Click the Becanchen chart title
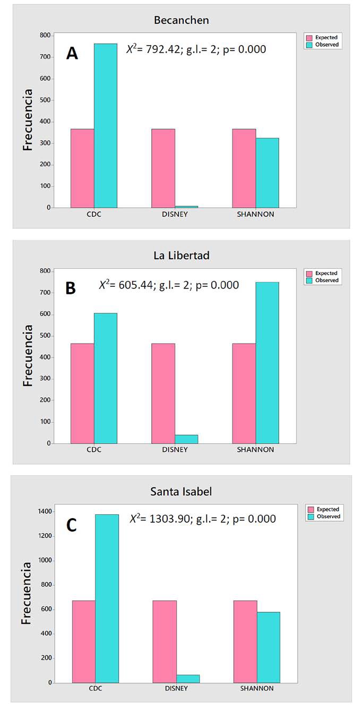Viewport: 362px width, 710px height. pos(181,21)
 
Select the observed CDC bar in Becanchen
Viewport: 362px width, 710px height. pos(106,126)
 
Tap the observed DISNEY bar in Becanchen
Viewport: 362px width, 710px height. pos(186,206)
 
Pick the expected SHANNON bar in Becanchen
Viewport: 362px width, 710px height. pos(244,168)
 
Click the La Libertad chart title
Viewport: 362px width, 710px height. pos(181,256)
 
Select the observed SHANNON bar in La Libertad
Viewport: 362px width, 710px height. pos(267,363)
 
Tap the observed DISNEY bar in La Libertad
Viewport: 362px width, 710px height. pos(186,439)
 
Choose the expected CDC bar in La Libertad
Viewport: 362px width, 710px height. pos(82,393)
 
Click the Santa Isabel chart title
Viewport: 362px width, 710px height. pos(181,492)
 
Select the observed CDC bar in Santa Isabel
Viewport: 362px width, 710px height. pos(107,598)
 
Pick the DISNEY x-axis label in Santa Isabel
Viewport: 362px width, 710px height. pos(176,689)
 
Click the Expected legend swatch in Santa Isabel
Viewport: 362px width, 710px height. pos(309,510)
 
